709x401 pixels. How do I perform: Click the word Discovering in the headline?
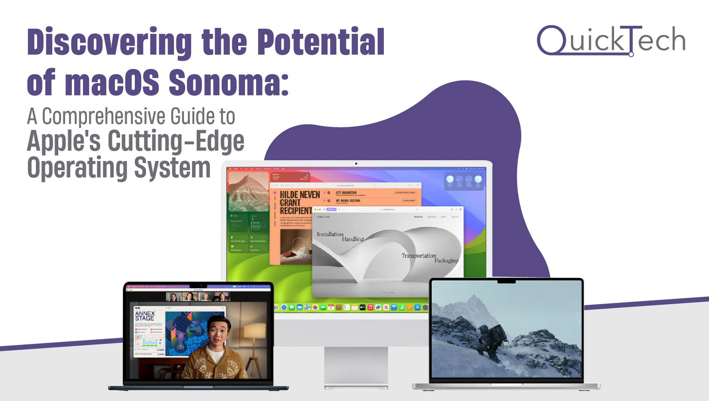[109, 43]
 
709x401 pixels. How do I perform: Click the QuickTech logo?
[611, 40]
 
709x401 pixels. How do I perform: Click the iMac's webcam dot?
[356, 164]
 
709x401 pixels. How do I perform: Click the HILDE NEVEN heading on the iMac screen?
[300, 195]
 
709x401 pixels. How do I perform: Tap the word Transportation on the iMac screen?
[419, 256]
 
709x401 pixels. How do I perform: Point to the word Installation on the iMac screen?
[330, 234]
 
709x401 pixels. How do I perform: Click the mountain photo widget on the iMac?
[249, 191]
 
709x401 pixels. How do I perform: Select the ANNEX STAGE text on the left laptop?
[145, 316]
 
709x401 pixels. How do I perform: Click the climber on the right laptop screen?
[492, 339]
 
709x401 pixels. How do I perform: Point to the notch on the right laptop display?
[506, 282]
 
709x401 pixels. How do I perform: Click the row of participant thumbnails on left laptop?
[198, 297]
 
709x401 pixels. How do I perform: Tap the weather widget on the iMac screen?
[464, 181]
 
